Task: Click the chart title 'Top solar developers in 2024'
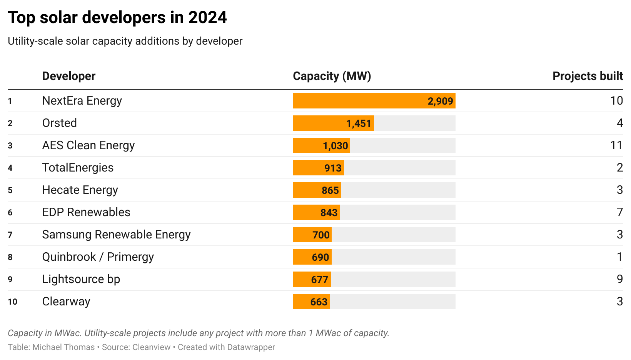[x=117, y=18]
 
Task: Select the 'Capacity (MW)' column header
[x=332, y=76]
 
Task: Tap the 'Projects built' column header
[x=588, y=76]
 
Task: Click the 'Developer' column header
[x=68, y=76]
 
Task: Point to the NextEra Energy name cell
[x=82, y=101]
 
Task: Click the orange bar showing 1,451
[x=333, y=123]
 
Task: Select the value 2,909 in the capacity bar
[x=440, y=101]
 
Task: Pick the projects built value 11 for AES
[x=616, y=145]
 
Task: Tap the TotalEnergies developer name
[x=78, y=168]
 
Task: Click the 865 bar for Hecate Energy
[x=317, y=190]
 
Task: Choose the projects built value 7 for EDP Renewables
[x=619, y=212]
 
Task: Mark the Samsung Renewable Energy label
[x=116, y=235]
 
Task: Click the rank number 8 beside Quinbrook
[x=10, y=257]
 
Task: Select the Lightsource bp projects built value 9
[x=619, y=279]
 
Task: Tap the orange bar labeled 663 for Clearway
[x=311, y=302]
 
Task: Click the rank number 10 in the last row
[x=12, y=302]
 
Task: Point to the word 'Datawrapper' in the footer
[x=251, y=347]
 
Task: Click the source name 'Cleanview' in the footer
[x=151, y=347]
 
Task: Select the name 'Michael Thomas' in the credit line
[x=63, y=347]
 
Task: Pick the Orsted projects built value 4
[x=619, y=123]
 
